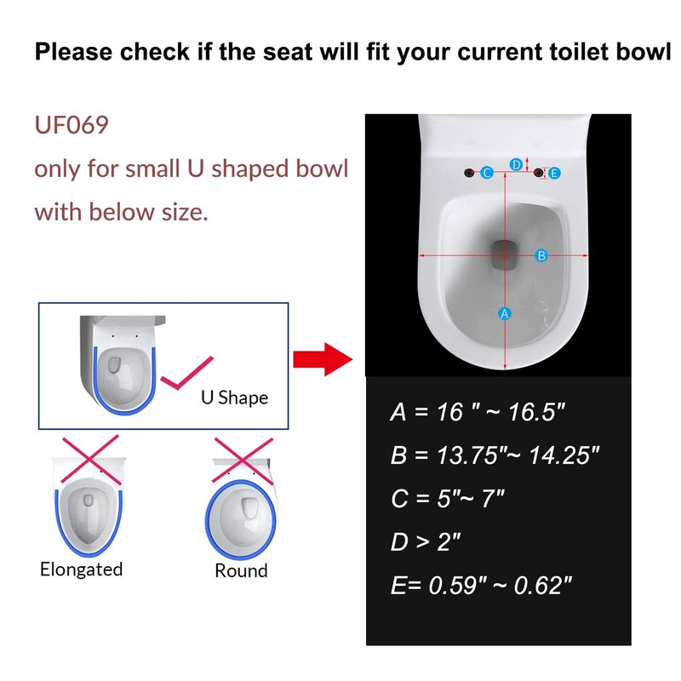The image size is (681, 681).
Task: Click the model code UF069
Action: [72, 126]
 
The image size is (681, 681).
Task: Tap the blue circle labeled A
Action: [504, 314]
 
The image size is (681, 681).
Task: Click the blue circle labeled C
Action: [487, 173]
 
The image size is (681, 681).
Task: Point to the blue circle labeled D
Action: [516, 163]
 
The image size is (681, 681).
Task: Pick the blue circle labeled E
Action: [554, 173]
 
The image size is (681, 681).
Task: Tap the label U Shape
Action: [234, 397]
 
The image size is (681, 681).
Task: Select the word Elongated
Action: [82, 569]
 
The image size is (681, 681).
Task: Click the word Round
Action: [241, 570]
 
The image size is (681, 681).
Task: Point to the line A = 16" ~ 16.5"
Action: [478, 413]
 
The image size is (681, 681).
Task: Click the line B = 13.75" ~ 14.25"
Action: [495, 455]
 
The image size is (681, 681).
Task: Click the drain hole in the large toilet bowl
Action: [505, 254]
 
